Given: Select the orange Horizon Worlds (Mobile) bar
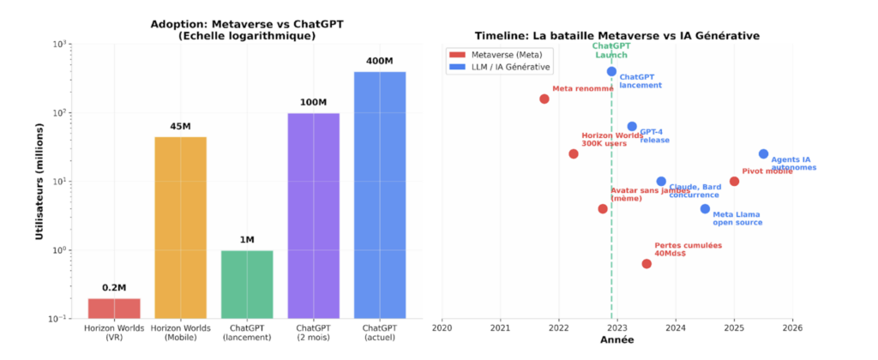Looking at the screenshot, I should click(x=180, y=227).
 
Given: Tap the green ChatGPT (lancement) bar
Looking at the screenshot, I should click(x=247, y=285).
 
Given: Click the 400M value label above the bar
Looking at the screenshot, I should click(x=380, y=61).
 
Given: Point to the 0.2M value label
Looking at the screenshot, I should click(x=113, y=288).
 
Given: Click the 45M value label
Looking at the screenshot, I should click(x=180, y=126).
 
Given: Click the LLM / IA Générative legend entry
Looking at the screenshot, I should click(x=499, y=66).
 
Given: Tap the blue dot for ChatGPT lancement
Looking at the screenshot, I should click(x=611, y=72).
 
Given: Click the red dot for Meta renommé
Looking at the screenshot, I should click(x=544, y=99).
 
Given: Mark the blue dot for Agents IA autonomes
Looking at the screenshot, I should click(x=763, y=154).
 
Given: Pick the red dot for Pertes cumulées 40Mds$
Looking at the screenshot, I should click(x=646, y=264).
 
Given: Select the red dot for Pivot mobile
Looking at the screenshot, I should click(x=734, y=182).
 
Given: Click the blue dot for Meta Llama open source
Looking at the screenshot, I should click(x=705, y=209).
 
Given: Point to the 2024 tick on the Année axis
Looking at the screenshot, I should click(x=676, y=327).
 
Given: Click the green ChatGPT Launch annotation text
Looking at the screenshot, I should click(x=611, y=50).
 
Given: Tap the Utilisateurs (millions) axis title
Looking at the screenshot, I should click(x=39, y=182).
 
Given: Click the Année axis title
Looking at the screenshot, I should click(x=616, y=340).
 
